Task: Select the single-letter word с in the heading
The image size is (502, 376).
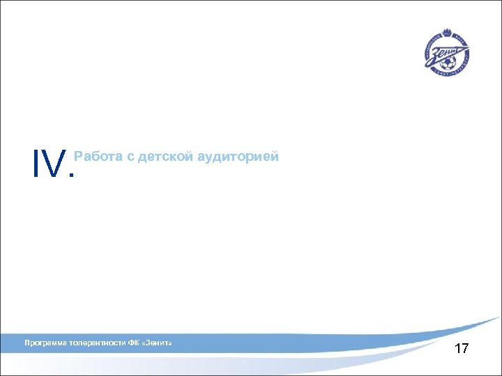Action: [130, 157]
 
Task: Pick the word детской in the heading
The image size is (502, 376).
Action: [165, 157]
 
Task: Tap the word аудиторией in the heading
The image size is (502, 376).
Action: [238, 157]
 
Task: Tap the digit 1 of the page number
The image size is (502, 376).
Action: [457, 349]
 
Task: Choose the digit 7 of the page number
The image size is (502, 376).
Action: [465, 349]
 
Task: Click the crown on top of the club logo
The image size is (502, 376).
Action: [446, 33]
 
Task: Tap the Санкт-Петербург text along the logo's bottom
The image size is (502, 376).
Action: [447, 72]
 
